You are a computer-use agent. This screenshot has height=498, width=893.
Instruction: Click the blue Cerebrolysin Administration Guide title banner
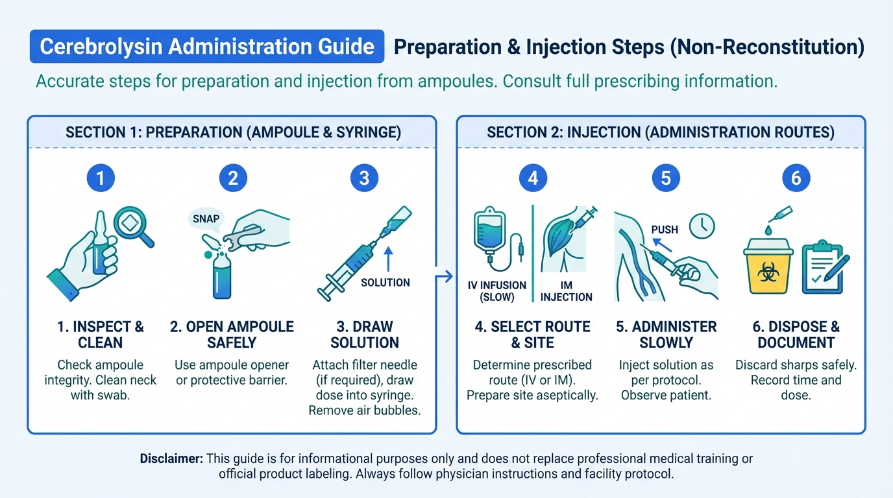[x=207, y=46]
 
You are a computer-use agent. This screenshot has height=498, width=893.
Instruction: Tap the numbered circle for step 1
[x=101, y=178]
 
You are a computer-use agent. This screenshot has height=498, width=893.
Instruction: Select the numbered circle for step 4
[x=533, y=178]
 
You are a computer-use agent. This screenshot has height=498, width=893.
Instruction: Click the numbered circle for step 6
[x=796, y=178]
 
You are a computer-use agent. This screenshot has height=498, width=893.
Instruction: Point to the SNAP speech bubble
[x=206, y=220]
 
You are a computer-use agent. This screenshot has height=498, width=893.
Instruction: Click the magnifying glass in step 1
[x=133, y=226]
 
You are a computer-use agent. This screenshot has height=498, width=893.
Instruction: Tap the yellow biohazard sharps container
[x=768, y=266]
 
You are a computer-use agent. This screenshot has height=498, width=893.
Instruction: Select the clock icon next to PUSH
[x=702, y=226]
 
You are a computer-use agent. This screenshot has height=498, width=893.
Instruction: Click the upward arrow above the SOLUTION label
[x=388, y=259]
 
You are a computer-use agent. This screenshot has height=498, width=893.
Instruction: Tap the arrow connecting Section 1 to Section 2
[x=444, y=276]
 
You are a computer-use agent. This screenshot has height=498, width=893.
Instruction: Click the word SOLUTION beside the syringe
[x=385, y=283]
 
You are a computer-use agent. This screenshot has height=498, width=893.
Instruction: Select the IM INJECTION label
[x=566, y=291]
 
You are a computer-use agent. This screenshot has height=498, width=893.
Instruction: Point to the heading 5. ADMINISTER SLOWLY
[x=666, y=335]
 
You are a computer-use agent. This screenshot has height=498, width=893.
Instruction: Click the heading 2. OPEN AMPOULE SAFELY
[x=232, y=335]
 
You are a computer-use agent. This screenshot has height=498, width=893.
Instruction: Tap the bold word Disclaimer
[x=171, y=458]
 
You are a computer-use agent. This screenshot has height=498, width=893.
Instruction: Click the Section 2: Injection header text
[x=661, y=132]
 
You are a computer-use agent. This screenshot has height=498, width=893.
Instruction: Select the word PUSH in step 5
[x=665, y=230]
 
